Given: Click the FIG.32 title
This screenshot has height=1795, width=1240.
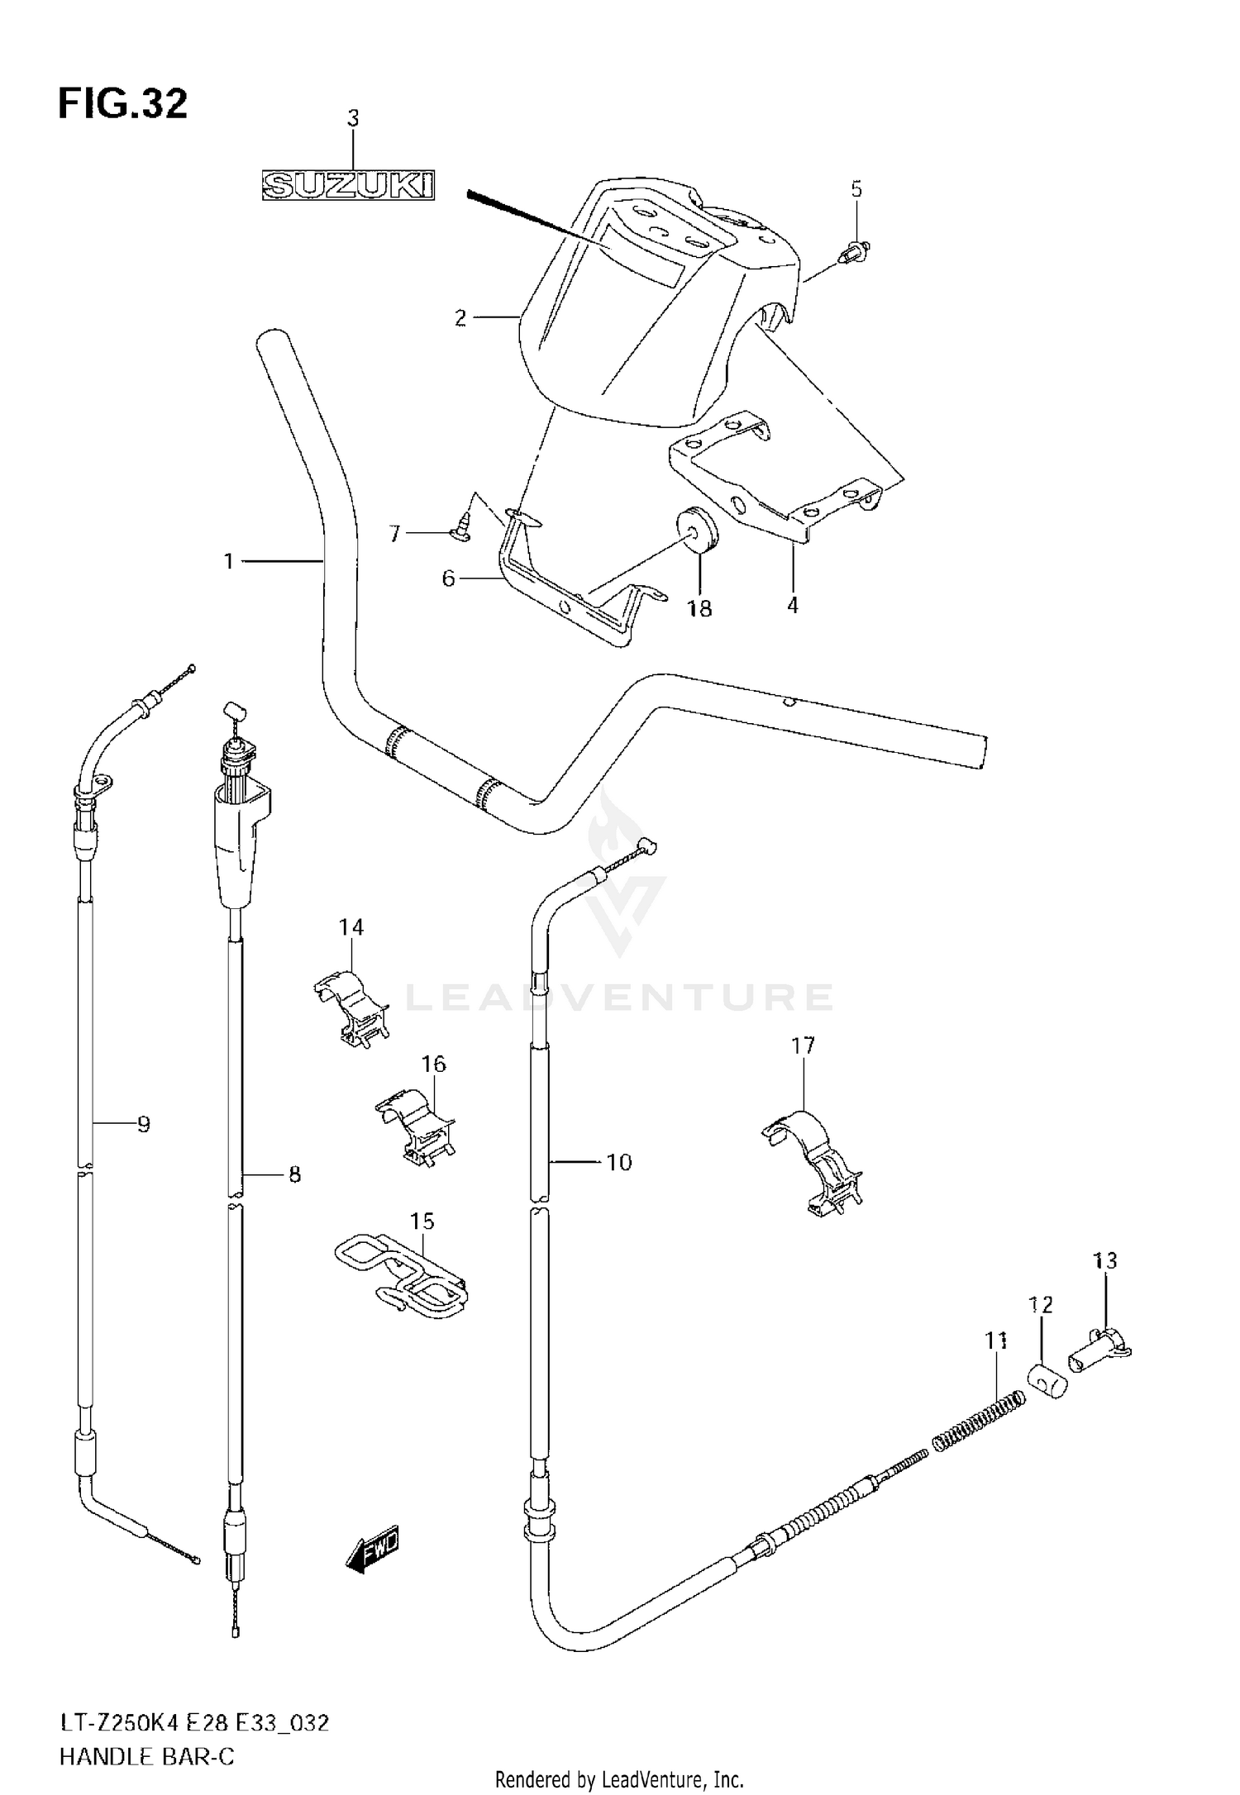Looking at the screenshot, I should [x=122, y=105].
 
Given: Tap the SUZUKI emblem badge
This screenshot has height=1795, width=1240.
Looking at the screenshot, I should [x=348, y=186].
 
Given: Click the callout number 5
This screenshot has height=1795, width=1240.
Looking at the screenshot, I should [x=856, y=189].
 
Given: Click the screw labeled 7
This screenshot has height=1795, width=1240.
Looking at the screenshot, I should [x=460, y=526].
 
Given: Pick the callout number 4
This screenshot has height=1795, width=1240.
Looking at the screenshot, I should [x=792, y=606].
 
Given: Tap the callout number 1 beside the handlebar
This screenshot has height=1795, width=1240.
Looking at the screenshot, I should [x=229, y=562].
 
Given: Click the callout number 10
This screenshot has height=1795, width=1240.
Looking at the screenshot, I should [x=618, y=1163].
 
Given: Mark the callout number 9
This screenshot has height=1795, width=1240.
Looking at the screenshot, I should [x=143, y=1124].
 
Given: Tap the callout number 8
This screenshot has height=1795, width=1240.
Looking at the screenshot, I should [x=295, y=1174].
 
